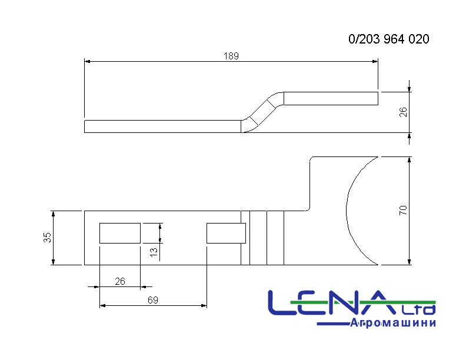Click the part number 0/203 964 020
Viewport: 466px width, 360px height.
[x=389, y=39]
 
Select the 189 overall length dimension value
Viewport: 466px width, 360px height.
[x=231, y=56]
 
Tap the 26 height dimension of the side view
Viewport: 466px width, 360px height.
[x=403, y=112]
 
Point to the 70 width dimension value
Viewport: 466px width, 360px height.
[x=403, y=211]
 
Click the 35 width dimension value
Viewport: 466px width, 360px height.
[x=47, y=237]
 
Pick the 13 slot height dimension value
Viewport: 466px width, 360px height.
[x=154, y=252]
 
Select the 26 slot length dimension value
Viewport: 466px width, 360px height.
[x=120, y=281]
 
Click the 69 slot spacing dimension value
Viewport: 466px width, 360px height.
[x=153, y=300]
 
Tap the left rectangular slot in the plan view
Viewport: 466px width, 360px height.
[x=120, y=233]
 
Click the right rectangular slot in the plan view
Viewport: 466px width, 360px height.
[x=226, y=233]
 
